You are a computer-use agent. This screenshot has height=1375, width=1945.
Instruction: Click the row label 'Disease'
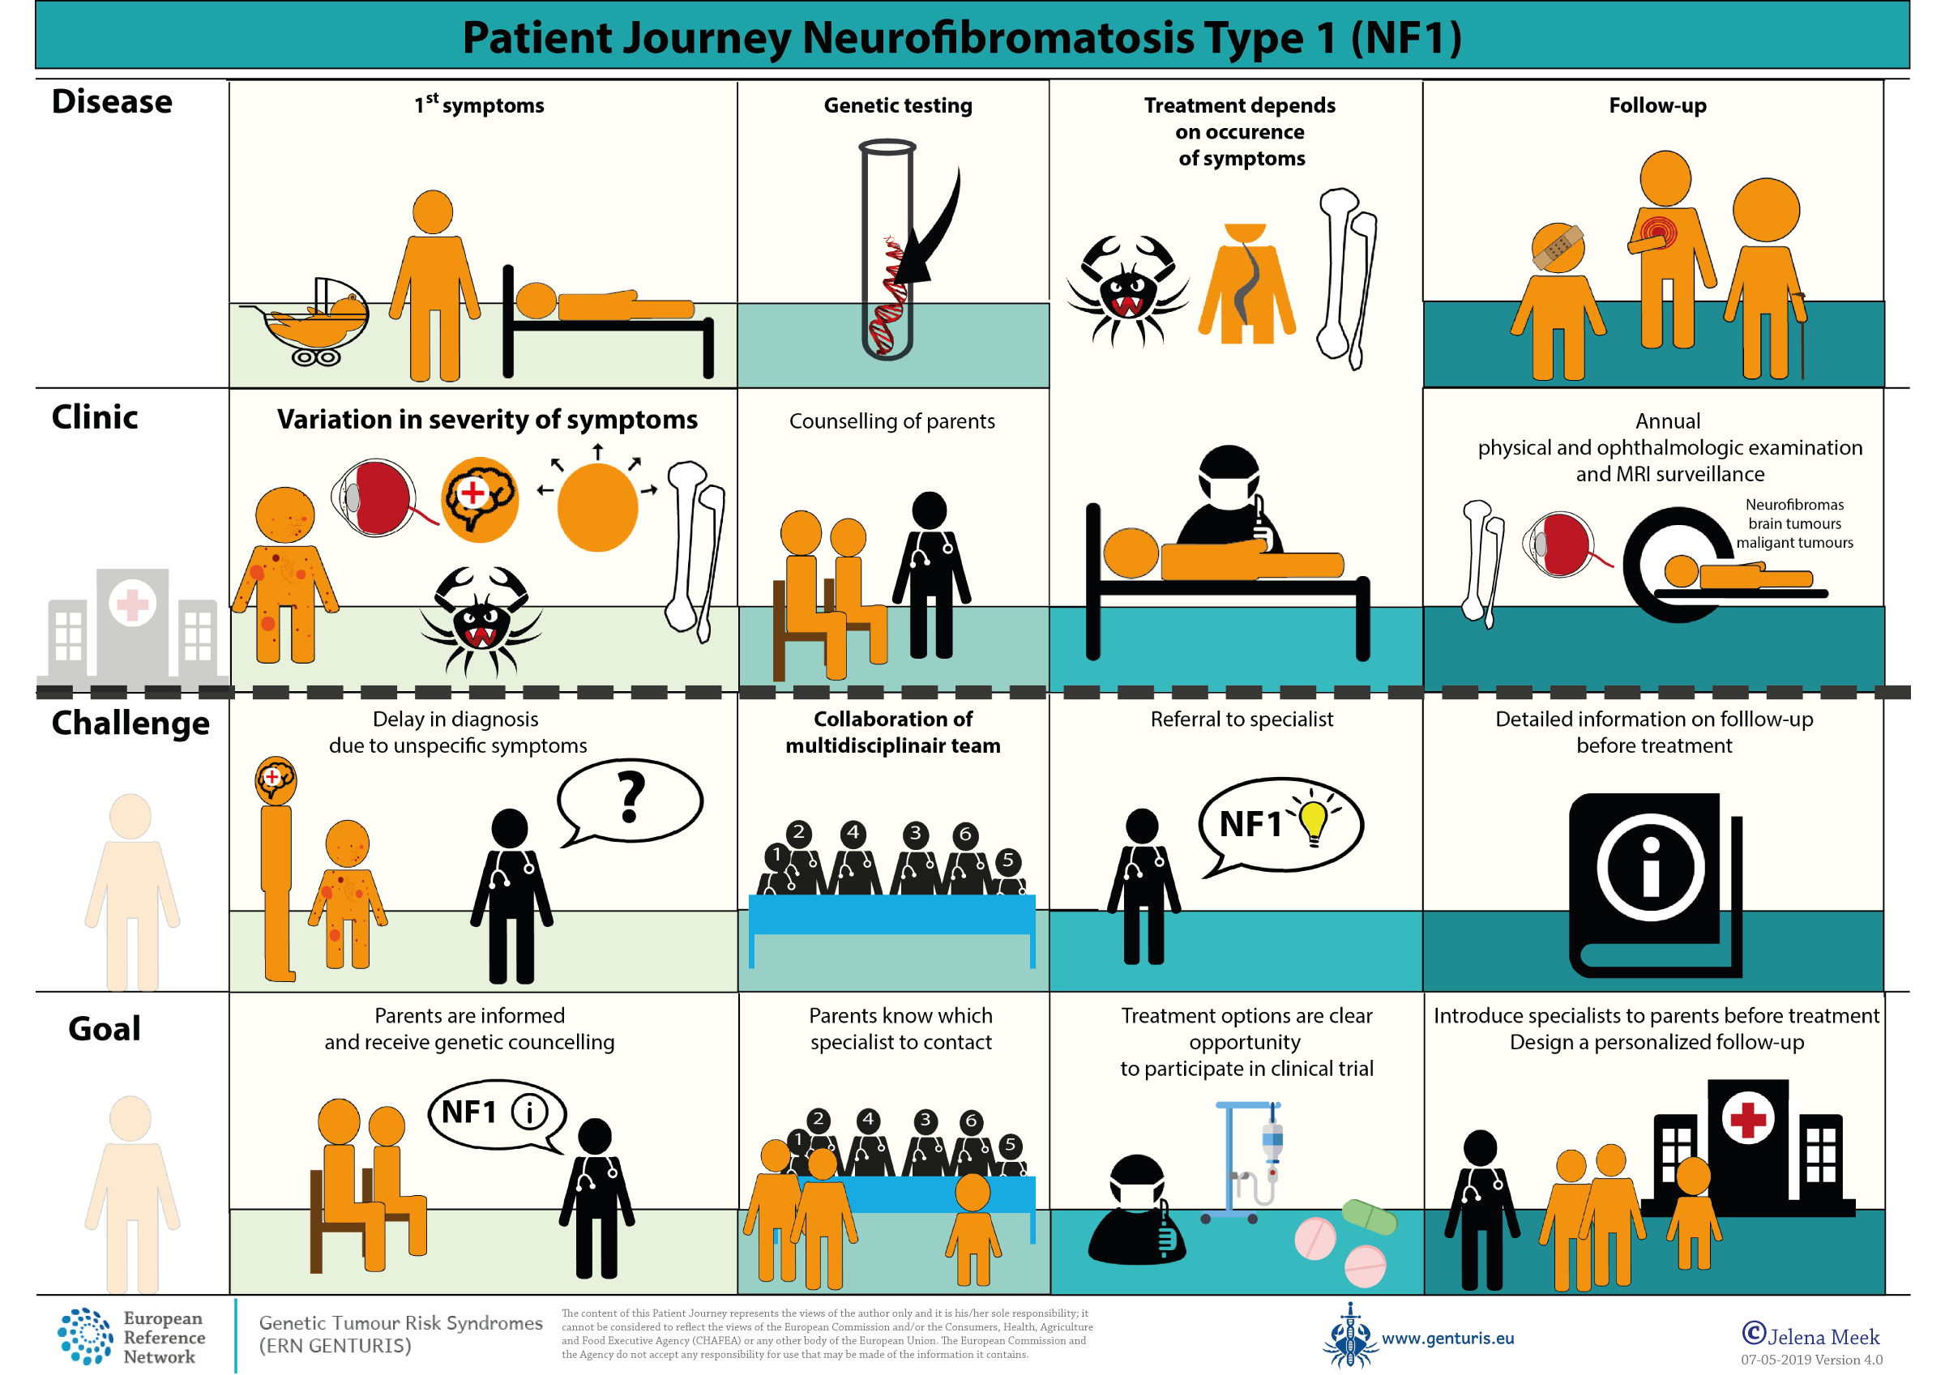point(112,101)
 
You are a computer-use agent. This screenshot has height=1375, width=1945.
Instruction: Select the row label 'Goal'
point(105,1028)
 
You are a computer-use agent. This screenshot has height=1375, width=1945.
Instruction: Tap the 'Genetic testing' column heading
point(897,105)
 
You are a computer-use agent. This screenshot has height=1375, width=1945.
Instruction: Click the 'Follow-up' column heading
point(1657,105)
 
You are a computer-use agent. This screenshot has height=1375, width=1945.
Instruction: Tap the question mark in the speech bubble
point(631,796)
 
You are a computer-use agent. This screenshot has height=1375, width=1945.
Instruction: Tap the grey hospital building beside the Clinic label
point(133,623)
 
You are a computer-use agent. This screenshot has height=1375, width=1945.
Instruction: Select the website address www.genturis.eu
point(1447,1339)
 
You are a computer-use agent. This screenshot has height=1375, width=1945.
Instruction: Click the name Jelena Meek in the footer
point(1822,1337)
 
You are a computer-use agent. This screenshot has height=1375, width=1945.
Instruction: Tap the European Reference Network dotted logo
point(85,1336)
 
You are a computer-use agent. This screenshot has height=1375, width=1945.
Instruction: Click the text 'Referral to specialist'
point(1241,720)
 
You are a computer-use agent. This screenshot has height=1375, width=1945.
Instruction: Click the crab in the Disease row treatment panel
point(1126,288)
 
